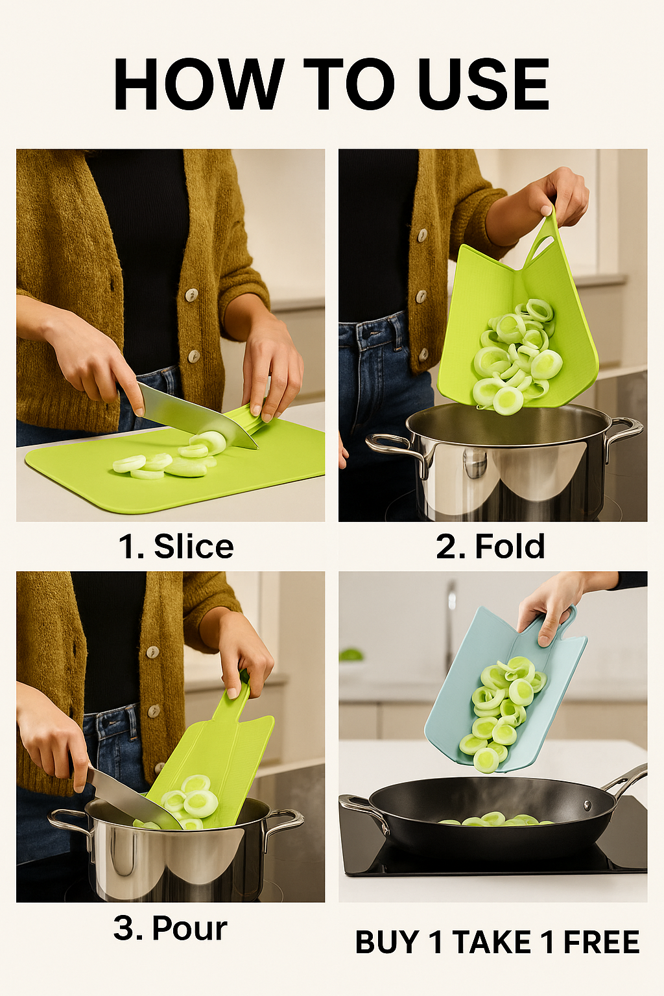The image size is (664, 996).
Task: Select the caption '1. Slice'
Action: [x=176, y=547]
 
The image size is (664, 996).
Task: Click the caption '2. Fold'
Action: [x=491, y=547]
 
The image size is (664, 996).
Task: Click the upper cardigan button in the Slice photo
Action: [x=192, y=294]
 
